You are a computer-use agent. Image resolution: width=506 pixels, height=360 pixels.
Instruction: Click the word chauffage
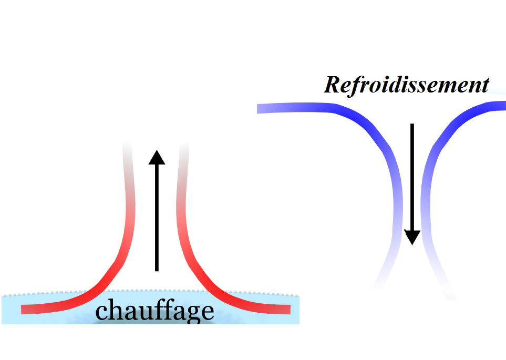155,311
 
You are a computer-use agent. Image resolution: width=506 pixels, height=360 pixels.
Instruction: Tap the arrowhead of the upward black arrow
157,157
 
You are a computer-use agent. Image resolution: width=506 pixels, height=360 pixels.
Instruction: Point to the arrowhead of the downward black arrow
412,237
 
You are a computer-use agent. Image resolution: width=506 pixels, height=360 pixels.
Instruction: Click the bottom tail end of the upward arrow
157,270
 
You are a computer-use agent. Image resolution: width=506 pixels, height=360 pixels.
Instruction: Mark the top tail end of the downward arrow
412,125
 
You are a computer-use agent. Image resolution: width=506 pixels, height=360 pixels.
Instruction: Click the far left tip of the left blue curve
259,109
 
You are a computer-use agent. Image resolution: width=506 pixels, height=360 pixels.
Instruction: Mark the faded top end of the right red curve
184,145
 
